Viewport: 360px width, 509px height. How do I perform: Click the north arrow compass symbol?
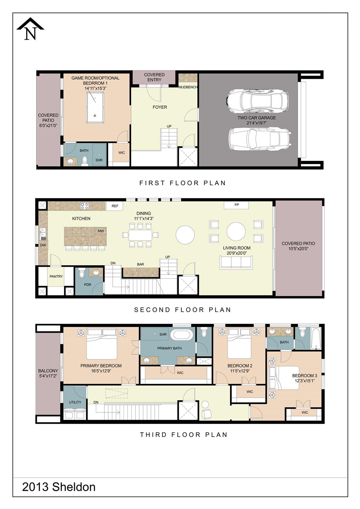[x=30, y=29]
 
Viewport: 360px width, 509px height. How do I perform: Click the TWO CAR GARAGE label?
[x=256, y=118]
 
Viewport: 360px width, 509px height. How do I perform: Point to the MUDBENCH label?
[x=188, y=87]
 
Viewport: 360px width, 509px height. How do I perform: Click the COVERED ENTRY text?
[x=154, y=77]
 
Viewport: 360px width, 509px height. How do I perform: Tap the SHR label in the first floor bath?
[x=99, y=160]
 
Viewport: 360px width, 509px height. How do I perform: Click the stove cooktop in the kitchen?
[x=85, y=206]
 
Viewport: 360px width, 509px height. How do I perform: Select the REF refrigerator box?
[x=115, y=206]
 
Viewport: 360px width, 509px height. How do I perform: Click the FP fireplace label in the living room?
[x=236, y=205]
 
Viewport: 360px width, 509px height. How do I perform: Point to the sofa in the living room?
[x=236, y=262]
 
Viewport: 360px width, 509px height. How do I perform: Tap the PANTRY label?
[x=56, y=276]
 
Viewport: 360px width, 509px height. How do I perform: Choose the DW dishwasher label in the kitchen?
[x=43, y=245]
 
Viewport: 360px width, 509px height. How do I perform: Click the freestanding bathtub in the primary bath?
[x=182, y=334]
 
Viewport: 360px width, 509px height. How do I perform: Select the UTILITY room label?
[x=75, y=402]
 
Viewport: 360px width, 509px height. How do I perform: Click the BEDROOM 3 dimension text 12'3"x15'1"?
[x=304, y=381]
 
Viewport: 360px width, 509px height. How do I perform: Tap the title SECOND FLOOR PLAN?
[x=182, y=310]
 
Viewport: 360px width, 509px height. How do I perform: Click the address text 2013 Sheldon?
[x=59, y=487]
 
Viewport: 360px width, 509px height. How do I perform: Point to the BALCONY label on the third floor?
[x=48, y=371]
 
